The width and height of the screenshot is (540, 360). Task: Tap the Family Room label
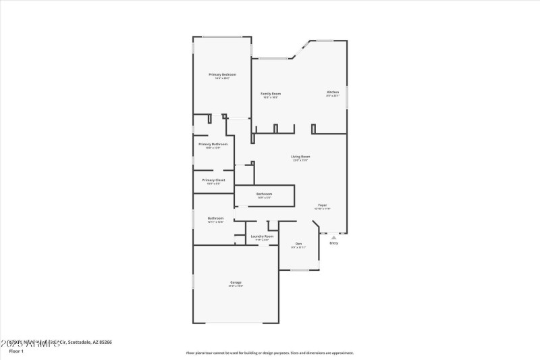pyautogui.click(x=271, y=94)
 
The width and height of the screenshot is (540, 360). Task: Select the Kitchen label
pyautogui.click(x=333, y=92)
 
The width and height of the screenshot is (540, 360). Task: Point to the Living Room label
pyautogui.click(x=300, y=157)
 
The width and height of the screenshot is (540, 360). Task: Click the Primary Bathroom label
pyautogui.click(x=213, y=144)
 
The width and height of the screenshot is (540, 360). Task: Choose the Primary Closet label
pyautogui.click(x=213, y=180)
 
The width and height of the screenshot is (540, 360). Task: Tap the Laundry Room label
pyautogui.click(x=262, y=236)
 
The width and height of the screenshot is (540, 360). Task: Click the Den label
pyautogui.click(x=298, y=244)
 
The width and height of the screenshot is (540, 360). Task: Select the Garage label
pyautogui.click(x=236, y=282)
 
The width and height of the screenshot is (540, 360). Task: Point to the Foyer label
pyautogui.click(x=323, y=205)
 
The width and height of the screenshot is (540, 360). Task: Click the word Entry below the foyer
pyautogui.click(x=333, y=243)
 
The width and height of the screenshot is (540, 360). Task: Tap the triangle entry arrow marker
pyautogui.click(x=333, y=237)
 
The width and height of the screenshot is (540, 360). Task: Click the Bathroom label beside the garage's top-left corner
pyautogui.click(x=215, y=218)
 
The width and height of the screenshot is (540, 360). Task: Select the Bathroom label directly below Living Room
pyautogui.click(x=264, y=195)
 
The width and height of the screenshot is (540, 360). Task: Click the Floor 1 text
pyautogui.click(x=16, y=351)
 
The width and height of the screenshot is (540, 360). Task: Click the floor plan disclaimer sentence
pyautogui.click(x=270, y=353)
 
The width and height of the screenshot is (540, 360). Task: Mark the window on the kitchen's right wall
pyautogui.click(x=347, y=97)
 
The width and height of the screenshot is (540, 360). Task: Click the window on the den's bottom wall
pyautogui.click(x=300, y=270)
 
